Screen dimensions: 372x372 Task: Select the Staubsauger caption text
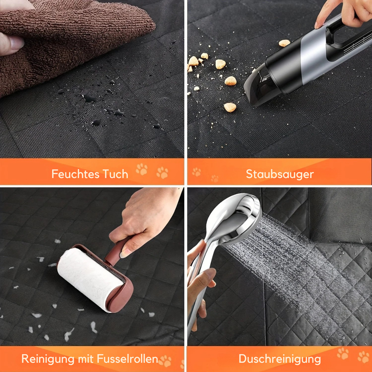point(280,175)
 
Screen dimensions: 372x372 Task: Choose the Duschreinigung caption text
point(280,359)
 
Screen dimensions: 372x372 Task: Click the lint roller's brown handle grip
point(117,252)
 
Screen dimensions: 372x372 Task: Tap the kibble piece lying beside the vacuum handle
point(284,43)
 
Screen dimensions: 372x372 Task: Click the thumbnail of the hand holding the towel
point(16,43)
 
